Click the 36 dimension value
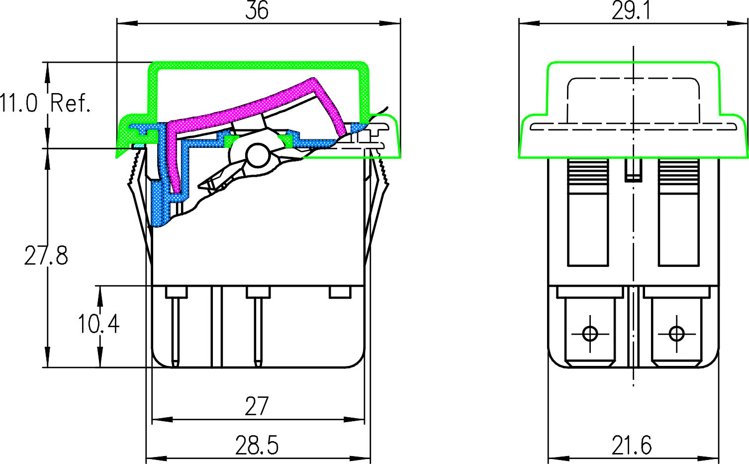(257, 11)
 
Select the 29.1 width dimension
(631, 11)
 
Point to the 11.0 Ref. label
(45, 104)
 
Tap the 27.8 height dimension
(46, 256)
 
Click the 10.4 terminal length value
(98, 324)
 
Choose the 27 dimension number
(257, 407)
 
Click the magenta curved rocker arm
(249, 107)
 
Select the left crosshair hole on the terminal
(590, 334)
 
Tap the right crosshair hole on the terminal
(676, 334)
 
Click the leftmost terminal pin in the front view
(176, 329)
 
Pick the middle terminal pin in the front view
(258, 329)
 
